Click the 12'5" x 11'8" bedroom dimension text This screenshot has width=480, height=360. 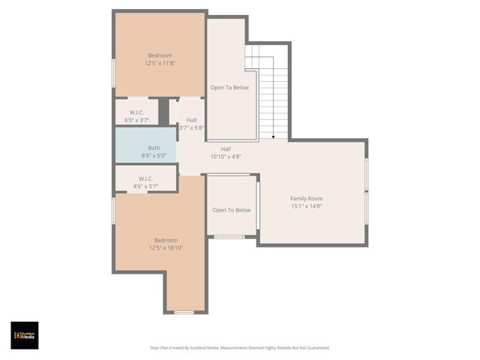click(160, 64)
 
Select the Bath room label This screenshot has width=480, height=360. click(154, 148)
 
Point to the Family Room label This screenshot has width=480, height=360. click(306, 198)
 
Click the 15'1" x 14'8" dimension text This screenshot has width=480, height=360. click(306, 206)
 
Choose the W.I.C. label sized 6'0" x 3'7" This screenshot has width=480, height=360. click(136, 112)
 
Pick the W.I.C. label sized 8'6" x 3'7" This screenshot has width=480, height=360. click(145, 178)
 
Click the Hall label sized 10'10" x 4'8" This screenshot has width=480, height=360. click(226, 148)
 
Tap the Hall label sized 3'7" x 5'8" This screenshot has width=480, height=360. click(192, 120)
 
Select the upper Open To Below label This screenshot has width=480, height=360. click(229, 87)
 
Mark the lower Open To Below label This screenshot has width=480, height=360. click(231, 210)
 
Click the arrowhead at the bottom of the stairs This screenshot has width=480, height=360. click(273, 136)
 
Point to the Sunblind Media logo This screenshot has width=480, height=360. click(24, 335)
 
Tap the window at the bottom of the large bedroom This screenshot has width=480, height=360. click(184, 312)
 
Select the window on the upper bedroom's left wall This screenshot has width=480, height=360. click(114, 73)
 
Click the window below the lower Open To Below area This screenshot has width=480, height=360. click(229, 237)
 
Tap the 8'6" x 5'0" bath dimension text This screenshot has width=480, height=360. click(154, 156)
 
